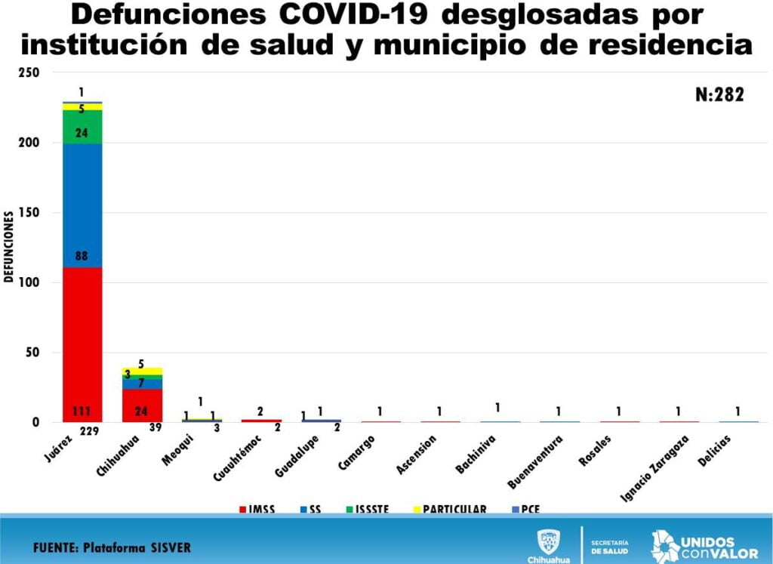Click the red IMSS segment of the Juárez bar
[82, 344]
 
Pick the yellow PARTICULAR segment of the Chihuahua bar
[142, 371]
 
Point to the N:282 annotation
[719, 94]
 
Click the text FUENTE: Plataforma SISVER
[112, 547]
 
